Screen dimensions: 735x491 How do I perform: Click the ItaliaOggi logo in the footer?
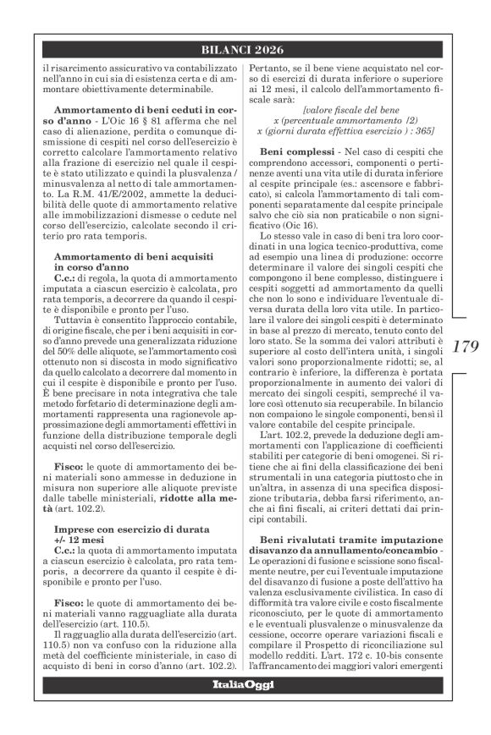(x=245, y=708)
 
